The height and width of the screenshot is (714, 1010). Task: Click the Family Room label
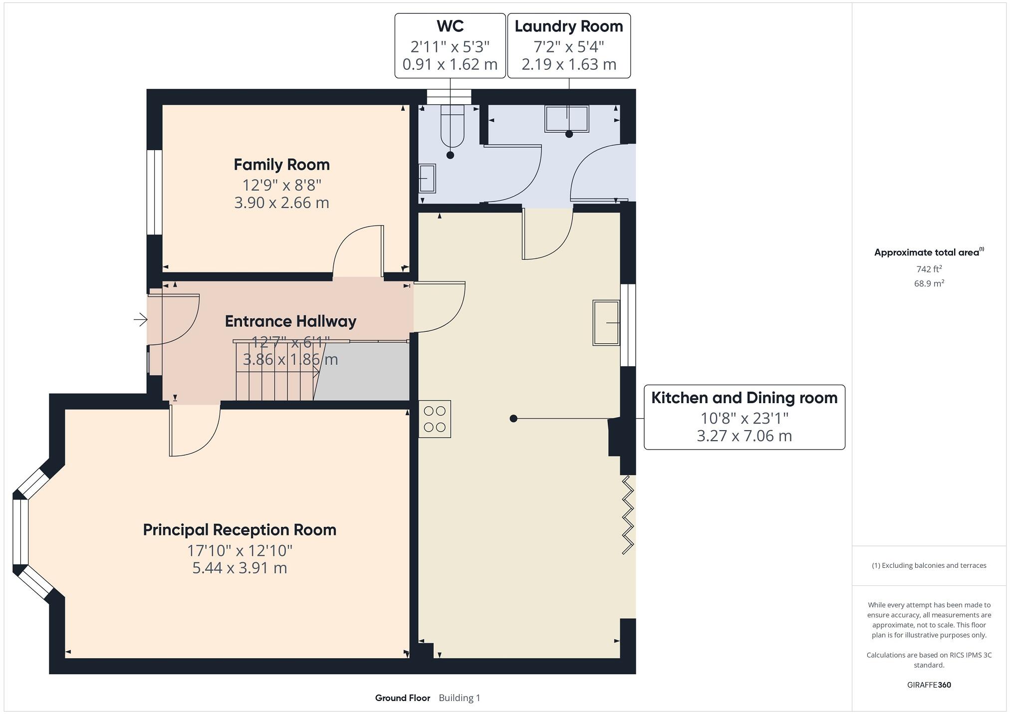pyautogui.click(x=281, y=165)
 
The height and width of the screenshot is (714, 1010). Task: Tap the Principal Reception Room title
pyautogui.click(x=240, y=530)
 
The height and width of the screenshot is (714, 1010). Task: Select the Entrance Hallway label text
pyautogui.click(x=290, y=321)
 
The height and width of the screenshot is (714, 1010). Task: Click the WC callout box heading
pyautogui.click(x=450, y=26)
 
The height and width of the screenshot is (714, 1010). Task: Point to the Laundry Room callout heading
pyautogui.click(x=569, y=26)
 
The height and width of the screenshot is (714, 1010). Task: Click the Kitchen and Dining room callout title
pyautogui.click(x=745, y=398)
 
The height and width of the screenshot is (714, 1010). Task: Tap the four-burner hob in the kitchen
pyautogui.click(x=435, y=419)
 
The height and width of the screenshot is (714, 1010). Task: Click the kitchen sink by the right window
pyautogui.click(x=606, y=323)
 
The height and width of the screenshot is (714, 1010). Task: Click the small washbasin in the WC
pyautogui.click(x=427, y=178)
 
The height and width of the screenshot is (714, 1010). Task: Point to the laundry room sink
pyautogui.click(x=567, y=119)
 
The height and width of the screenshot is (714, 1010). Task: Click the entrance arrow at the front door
pyautogui.click(x=141, y=319)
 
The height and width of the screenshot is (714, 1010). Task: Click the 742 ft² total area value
pyautogui.click(x=929, y=269)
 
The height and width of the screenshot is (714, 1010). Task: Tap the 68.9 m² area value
pyautogui.click(x=929, y=283)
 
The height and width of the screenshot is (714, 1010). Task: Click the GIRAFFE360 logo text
pyautogui.click(x=929, y=685)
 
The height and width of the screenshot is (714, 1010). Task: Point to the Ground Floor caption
pyautogui.click(x=403, y=698)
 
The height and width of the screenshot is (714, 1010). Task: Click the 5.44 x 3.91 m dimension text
pyautogui.click(x=240, y=568)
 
